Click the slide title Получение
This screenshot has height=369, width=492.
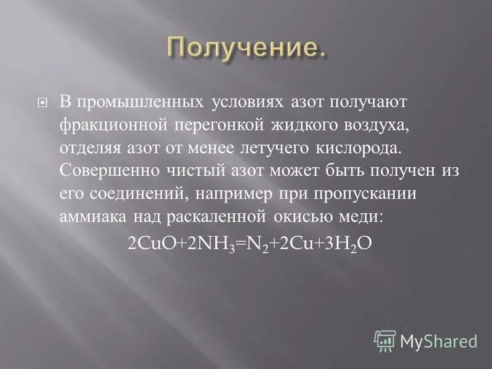click(x=245, y=48)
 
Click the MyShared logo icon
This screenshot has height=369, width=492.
click(x=385, y=340)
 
